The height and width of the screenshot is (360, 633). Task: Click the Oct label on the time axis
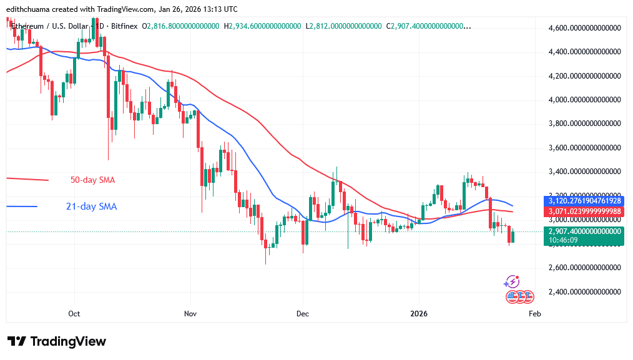coord(74,314)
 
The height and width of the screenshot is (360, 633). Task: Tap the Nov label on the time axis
coord(190,314)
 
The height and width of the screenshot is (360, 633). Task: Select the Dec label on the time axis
coord(303,314)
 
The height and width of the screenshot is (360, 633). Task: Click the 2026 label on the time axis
coord(418,314)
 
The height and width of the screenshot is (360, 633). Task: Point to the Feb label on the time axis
coord(534,314)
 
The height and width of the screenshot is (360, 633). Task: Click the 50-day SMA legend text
coord(92,180)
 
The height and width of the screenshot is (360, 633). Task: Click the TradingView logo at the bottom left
coord(57,341)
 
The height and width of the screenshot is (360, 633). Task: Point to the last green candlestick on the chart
coord(513,236)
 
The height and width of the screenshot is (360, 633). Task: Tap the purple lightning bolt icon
coord(513,282)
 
